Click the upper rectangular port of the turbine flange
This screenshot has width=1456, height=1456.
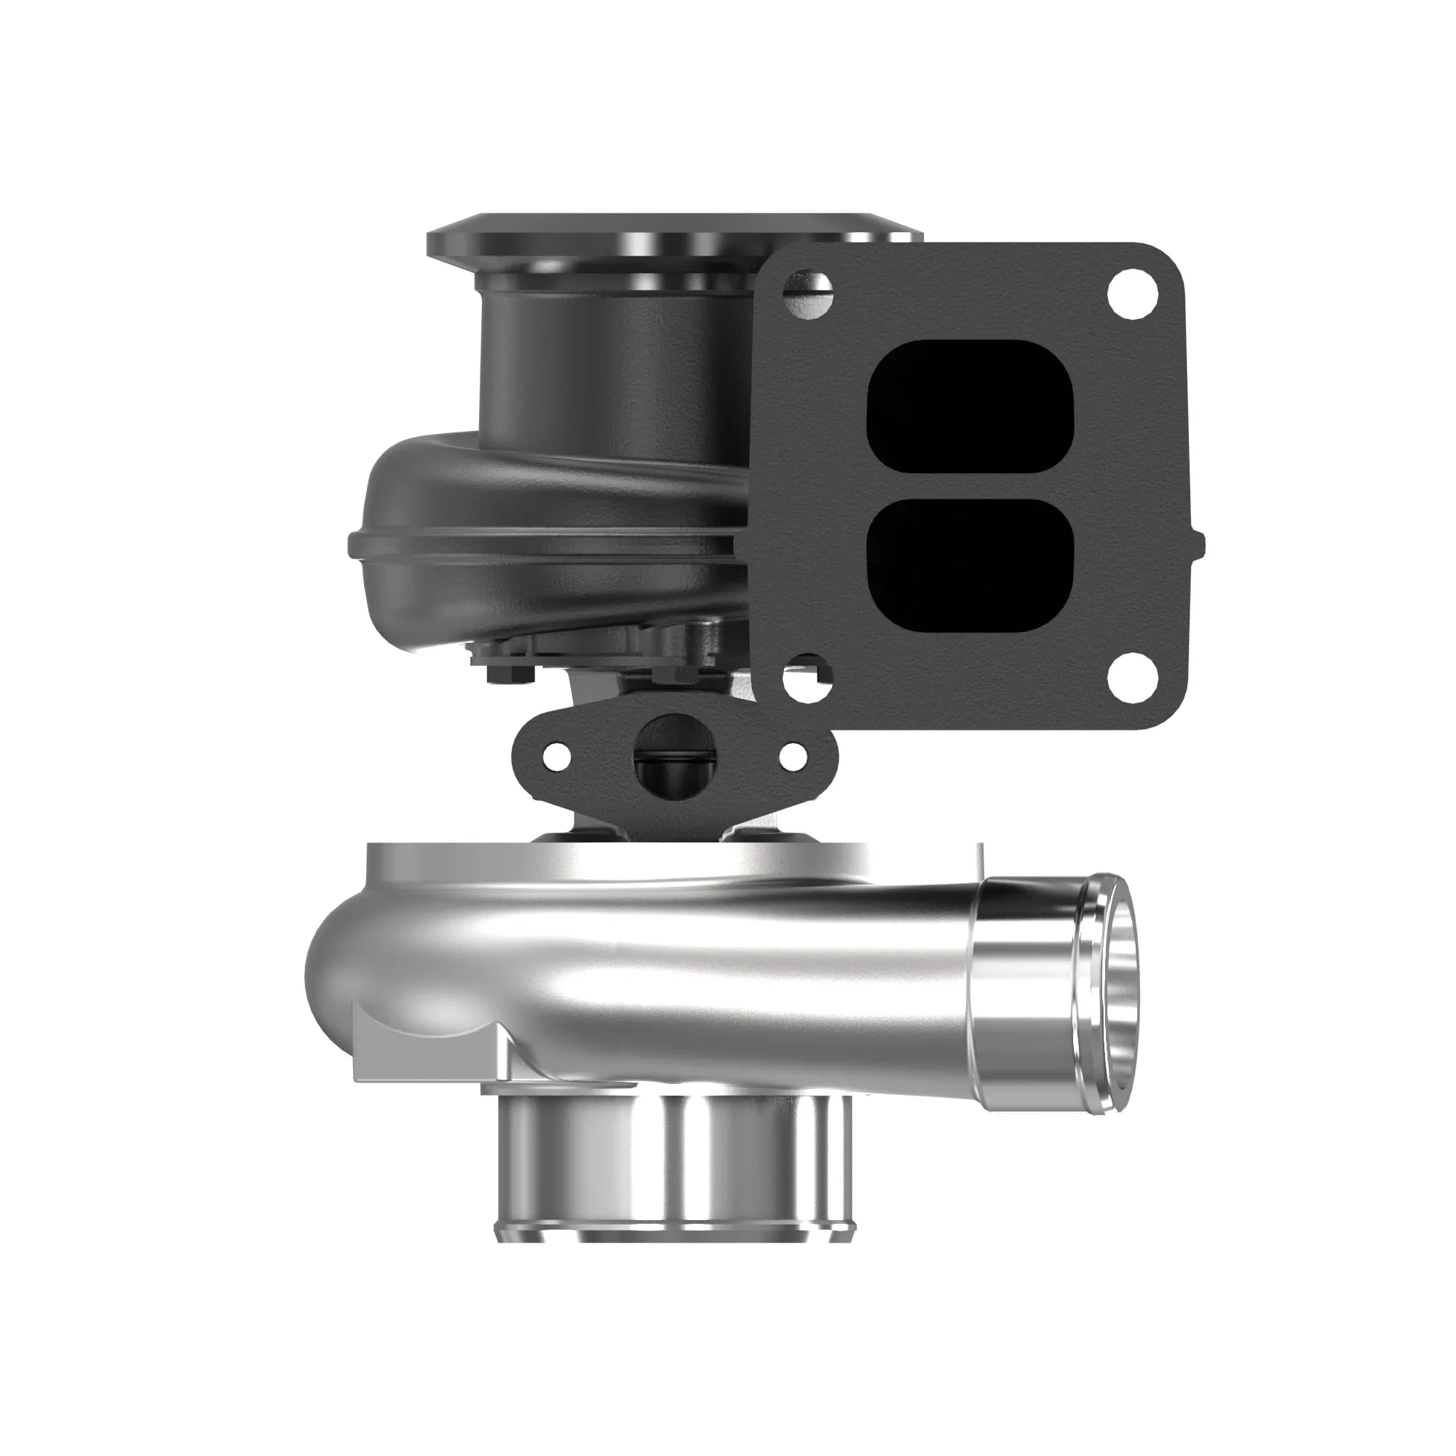970,407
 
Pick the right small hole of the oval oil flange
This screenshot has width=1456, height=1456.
792,753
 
